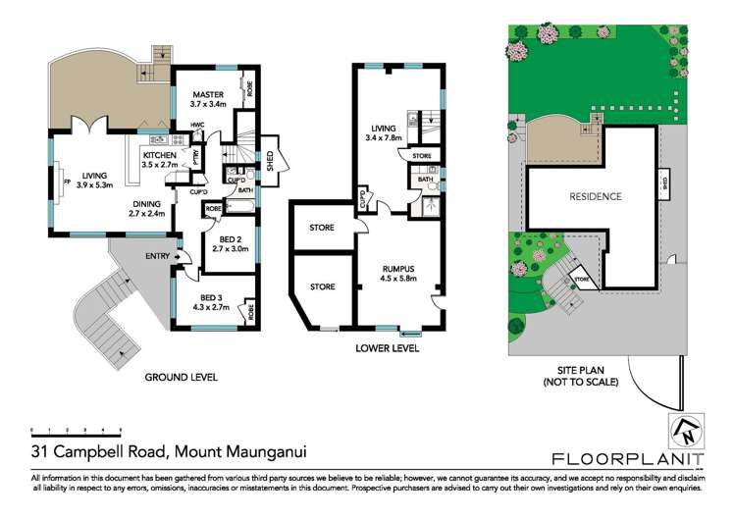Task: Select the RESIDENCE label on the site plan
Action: (596, 196)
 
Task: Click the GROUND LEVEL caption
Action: (181, 377)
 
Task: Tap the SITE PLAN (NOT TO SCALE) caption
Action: (585, 376)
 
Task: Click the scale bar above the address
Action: (76, 430)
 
